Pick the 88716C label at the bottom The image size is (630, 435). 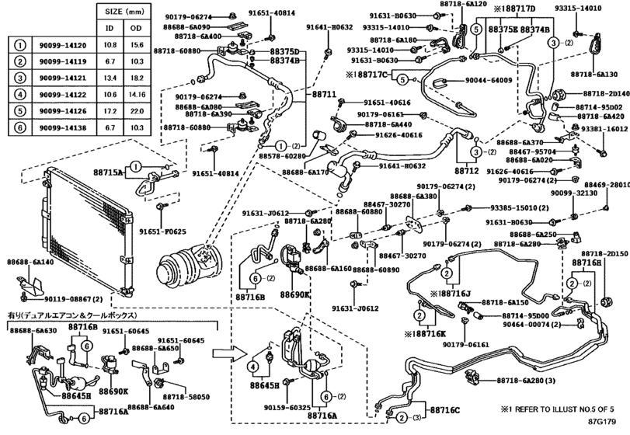[x=444, y=409]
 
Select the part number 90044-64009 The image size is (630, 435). [x=489, y=80]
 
